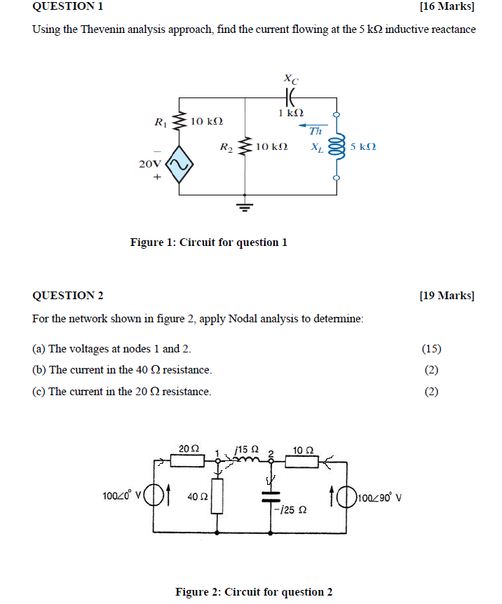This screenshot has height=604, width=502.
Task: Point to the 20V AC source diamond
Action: [x=178, y=165]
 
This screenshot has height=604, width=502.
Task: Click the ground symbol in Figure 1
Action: [x=244, y=206]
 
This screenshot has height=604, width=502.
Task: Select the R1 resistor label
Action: [x=161, y=123]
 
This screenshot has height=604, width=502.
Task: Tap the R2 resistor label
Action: [x=226, y=147]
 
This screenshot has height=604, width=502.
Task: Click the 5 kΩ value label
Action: [x=363, y=147]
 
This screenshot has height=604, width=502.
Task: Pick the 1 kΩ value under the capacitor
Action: [x=290, y=113]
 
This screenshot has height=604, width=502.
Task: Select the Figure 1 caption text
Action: [x=208, y=242]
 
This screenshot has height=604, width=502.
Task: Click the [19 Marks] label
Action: [x=446, y=296]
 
